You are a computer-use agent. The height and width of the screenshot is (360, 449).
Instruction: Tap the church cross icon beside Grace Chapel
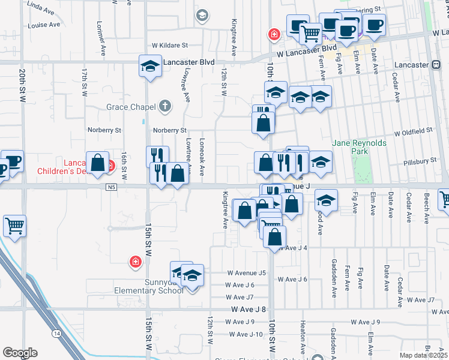click(x=164, y=107)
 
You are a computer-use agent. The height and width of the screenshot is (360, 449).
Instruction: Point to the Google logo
click(x=20, y=353)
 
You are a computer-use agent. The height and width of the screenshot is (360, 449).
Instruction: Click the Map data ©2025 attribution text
click(x=424, y=355)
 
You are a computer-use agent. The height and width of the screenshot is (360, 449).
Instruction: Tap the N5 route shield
click(x=112, y=187)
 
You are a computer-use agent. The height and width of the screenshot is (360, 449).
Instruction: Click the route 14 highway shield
click(x=56, y=332)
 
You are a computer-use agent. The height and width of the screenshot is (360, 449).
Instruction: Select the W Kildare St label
click(x=170, y=45)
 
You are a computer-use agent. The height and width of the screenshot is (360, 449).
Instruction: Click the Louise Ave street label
click(x=44, y=25)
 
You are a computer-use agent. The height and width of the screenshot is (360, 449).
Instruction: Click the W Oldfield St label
click(x=413, y=131)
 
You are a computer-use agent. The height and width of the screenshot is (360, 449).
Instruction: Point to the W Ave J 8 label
click(x=249, y=310)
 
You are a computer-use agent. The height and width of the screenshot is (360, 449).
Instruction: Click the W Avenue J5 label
click(x=246, y=273)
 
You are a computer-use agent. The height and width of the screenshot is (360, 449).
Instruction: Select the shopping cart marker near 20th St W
click(x=15, y=226)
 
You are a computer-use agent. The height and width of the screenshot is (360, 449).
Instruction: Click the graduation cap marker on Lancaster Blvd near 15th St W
click(x=149, y=65)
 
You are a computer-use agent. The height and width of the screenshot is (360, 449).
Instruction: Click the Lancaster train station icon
click(x=435, y=65)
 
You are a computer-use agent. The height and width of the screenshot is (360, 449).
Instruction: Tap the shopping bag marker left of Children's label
click(x=97, y=161)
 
